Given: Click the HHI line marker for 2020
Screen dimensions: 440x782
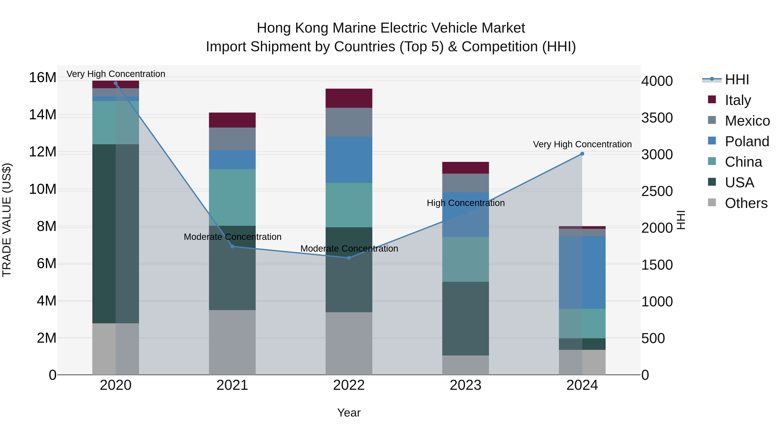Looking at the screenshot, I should tap(116, 83).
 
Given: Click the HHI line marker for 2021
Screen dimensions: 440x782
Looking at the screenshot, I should tap(232, 246).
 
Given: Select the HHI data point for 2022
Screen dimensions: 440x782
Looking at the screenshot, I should tap(349, 258).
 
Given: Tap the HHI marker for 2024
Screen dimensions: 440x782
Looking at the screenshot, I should tap(582, 154).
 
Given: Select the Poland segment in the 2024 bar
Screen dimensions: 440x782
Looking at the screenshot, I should tap(582, 272).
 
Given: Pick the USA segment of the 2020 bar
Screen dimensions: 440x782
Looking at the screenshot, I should tap(116, 234).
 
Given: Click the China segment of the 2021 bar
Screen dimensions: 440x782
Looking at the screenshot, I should tap(232, 197).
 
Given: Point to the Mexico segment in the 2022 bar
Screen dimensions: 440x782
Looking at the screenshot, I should tap(349, 122).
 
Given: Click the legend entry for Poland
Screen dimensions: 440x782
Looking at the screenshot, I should tap(747, 141).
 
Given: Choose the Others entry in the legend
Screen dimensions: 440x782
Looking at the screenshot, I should tap(746, 203).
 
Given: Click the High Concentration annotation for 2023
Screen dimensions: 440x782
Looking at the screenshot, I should tap(466, 203).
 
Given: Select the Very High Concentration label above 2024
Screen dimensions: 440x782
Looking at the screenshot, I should tap(582, 144).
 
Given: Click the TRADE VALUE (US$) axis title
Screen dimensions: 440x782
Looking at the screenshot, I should tap(7, 220).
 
